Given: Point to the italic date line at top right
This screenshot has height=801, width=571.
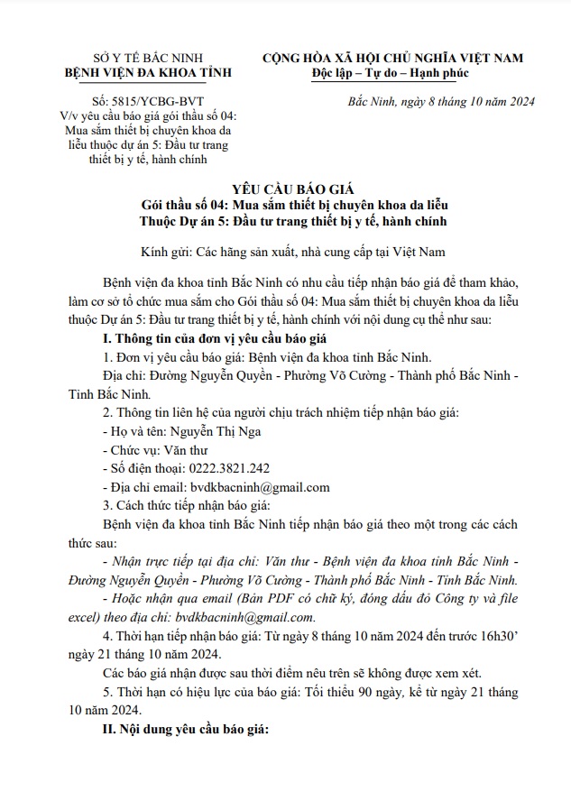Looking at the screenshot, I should tap(440, 101).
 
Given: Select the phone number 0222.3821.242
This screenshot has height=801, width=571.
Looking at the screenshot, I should tap(225, 469).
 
